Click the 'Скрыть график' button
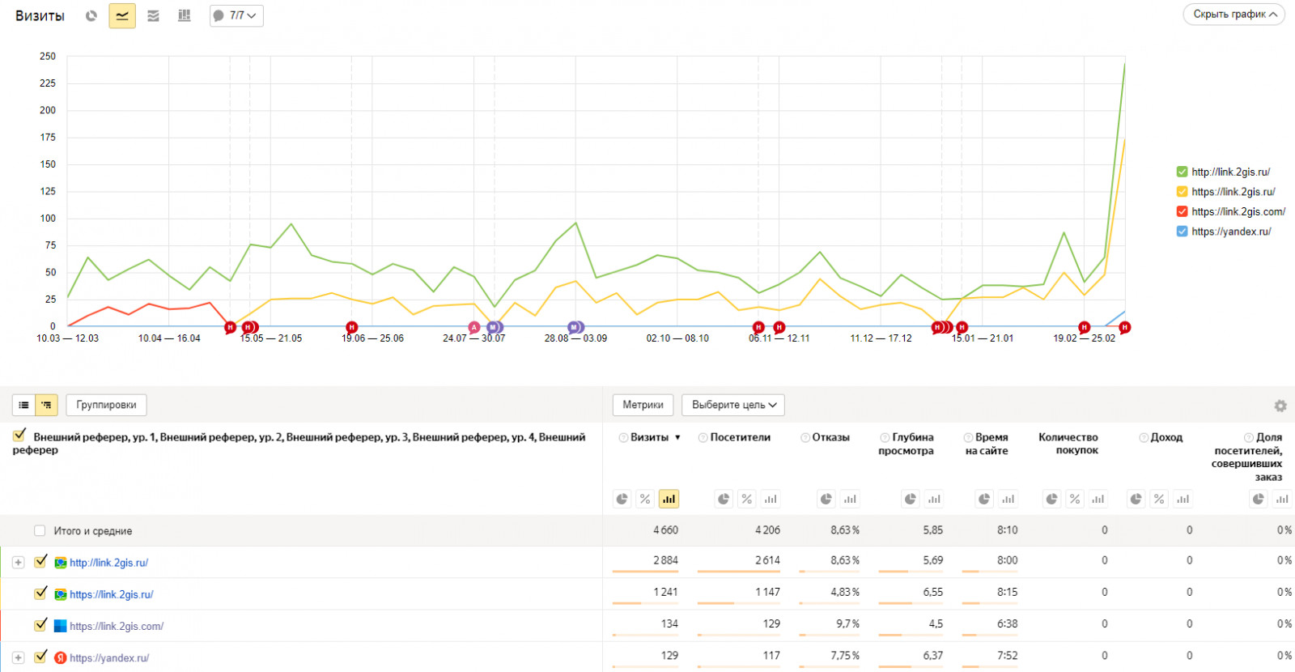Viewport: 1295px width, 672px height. point(1233,15)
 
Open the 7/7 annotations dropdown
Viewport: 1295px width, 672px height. point(236,15)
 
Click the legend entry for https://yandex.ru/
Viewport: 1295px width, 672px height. point(1231,232)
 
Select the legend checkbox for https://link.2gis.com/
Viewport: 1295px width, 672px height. point(1182,211)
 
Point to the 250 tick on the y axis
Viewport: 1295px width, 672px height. point(48,56)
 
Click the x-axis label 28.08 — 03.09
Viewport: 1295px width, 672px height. point(575,338)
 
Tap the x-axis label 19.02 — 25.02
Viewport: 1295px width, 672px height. point(1084,338)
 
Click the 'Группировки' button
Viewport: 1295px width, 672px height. point(106,405)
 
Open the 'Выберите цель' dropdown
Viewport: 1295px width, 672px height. point(733,405)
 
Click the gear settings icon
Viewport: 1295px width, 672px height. point(1280,406)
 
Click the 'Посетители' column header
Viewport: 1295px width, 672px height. point(740,437)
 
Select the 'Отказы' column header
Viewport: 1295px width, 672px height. point(830,437)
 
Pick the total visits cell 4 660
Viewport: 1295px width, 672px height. point(665,530)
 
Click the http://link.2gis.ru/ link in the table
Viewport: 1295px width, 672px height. point(108,563)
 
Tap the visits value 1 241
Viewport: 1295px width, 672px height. point(665,592)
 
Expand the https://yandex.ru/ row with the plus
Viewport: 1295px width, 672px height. point(18,657)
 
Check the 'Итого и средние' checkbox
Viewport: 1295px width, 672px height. point(40,530)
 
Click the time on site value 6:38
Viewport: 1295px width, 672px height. point(1007,623)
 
